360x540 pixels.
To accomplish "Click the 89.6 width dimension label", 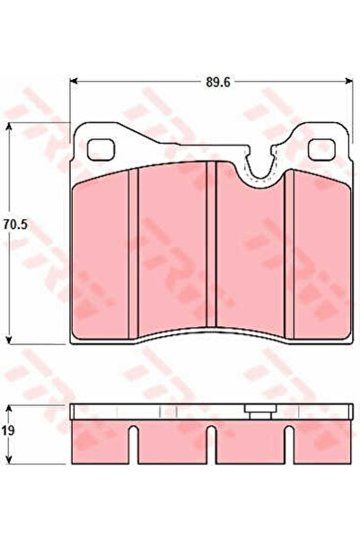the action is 217,83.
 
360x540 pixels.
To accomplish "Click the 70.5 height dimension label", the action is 15,225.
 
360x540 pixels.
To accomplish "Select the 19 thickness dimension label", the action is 7,430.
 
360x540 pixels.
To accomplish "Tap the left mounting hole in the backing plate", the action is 101,150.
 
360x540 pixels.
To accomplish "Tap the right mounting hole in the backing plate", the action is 321,149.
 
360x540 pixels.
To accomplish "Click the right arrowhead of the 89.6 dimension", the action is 348,81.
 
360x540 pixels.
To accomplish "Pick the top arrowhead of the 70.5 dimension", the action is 9,128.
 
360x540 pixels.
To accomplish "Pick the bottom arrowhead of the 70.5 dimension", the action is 9,340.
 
